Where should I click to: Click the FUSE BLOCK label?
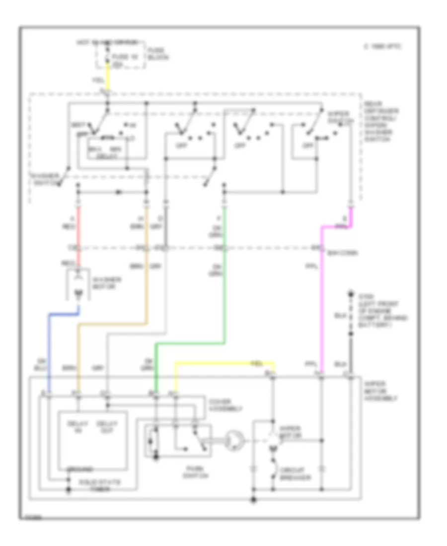(x=158, y=54)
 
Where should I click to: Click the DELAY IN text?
(x=80, y=427)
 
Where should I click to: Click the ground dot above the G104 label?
(x=351, y=293)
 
